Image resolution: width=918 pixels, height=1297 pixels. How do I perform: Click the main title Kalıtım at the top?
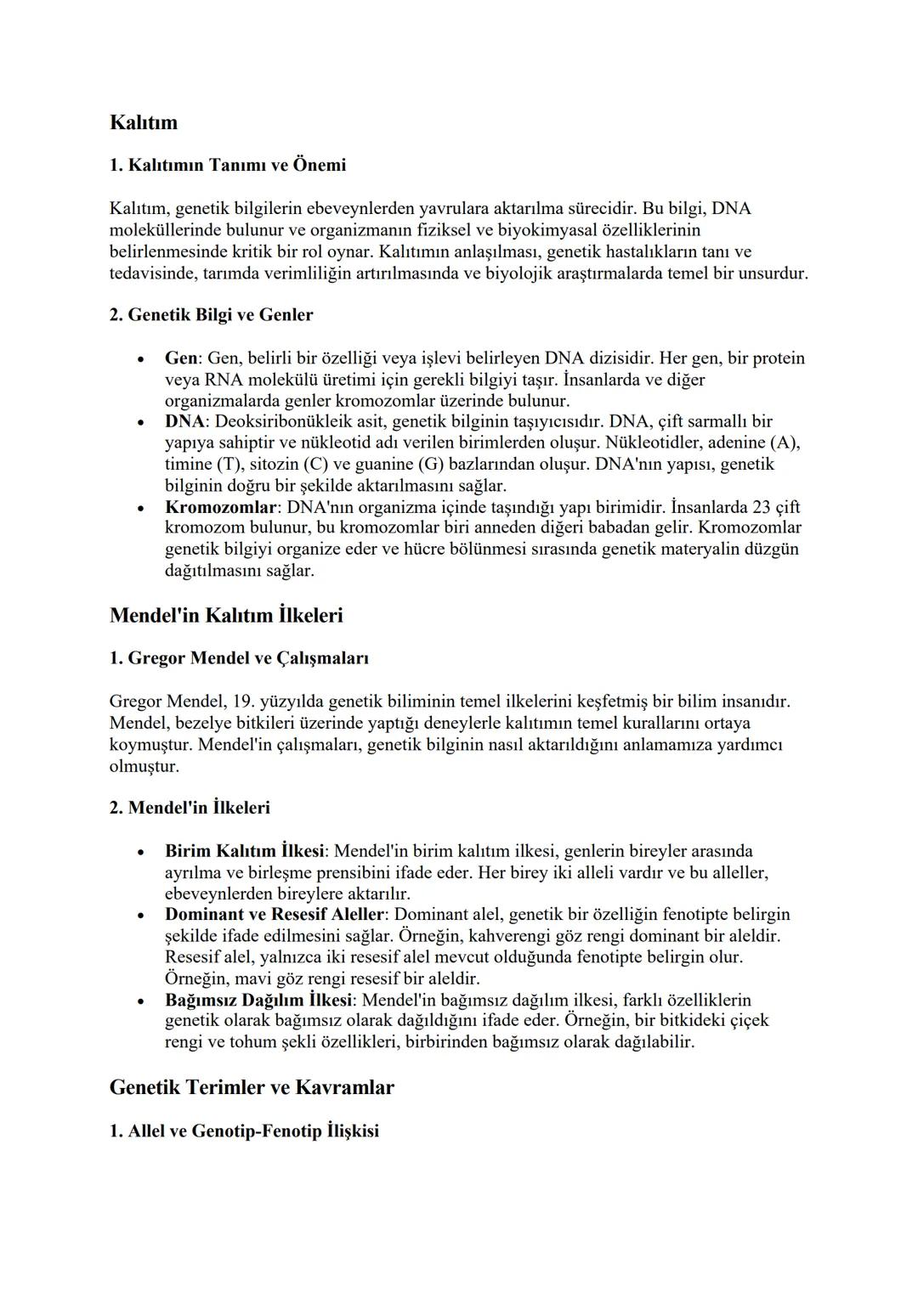pyautogui.click(x=144, y=122)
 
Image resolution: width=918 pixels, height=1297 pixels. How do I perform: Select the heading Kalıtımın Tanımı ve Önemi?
pyautogui.click(x=228, y=165)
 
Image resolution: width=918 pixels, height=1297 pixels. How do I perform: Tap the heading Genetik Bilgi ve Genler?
pyautogui.click(x=211, y=315)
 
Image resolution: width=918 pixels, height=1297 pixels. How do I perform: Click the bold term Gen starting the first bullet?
pyautogui.click(x=181, y=358)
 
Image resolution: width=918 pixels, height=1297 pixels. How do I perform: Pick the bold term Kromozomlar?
pyautogui.click(x=221, y=507)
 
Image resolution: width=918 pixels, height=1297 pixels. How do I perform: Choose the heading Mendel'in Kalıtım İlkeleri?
pyautogui.click(x=226, y=615)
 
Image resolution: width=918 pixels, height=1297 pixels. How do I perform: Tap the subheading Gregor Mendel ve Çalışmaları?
pyautogui.click(x=239, y=658)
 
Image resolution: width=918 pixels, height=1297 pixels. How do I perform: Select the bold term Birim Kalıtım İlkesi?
pyautogui.click(x=245, y=851)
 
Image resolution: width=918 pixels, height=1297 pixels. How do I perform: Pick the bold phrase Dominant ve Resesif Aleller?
pyautogui.click(x=275, y=915)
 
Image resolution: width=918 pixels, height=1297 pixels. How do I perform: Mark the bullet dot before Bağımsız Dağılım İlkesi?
pyautogui.click(x=141, y=1001)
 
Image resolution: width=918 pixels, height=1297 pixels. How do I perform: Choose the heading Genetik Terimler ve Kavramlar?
pyautogui.click(x=252, y=1087)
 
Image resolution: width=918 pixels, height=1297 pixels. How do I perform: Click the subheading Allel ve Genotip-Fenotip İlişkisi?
pyautogui.click(x=244, y=1131)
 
